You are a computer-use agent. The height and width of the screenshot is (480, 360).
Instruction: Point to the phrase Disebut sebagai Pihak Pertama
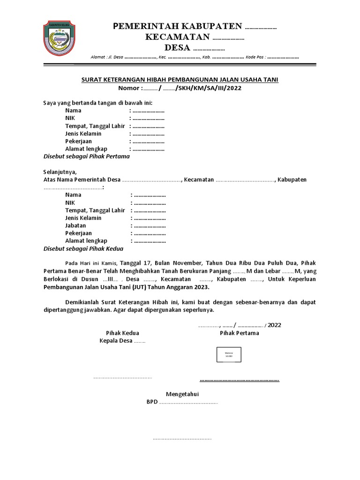click(x=86, y=157)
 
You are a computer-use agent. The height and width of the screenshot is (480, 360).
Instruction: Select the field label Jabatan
click(x=75, y=225)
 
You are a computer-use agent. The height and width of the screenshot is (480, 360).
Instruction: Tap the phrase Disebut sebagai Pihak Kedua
click(x=83, y=248)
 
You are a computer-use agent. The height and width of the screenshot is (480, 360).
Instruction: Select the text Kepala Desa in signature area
click(x=116, y=341)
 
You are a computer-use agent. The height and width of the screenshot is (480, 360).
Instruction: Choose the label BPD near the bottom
click(x=152, y=402)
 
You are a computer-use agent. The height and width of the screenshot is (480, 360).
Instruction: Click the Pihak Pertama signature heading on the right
click(x=239, y=333)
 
